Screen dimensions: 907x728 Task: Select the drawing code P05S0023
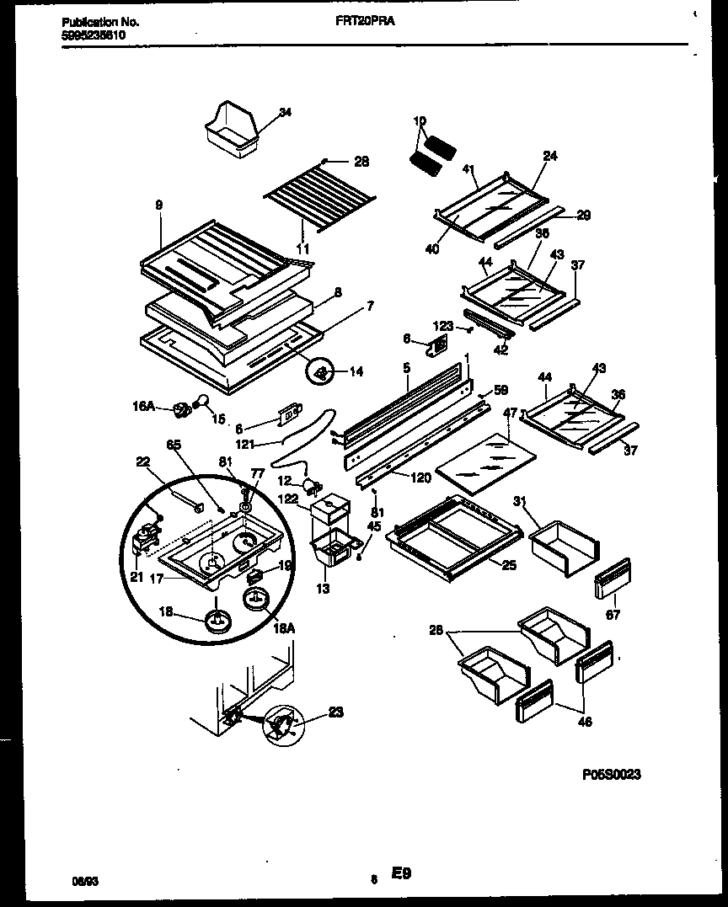pyautogui.click(x=610, y=774)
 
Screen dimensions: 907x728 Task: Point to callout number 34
pyautogui.click(x=284, y=113)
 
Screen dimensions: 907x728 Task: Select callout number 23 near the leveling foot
pyautogui.click(x=335, y=713)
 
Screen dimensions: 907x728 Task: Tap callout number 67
pyautogui.click(x=613, y=616)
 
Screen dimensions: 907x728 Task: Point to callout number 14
pyautogui.click(x=356, y=371)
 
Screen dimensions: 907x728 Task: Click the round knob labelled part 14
pyautogui.click(x=320, y=371)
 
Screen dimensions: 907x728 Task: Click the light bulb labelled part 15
pyautogui.click(x=202, y=403)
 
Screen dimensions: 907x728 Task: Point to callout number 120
pyautogui.click(x=421, y=478)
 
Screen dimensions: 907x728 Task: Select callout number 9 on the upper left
pyautogui.click(x=158, y=205)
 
